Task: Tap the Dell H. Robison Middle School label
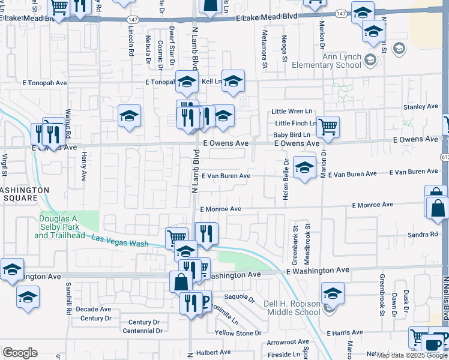click(x=292, y=308)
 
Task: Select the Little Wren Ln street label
click(x=292, y=112)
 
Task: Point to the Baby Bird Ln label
click(x=292, y=135)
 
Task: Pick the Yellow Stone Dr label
click(x=238, y=332)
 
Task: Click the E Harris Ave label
click(x=346, y=332)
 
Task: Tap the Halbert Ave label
click(x=214, y=352)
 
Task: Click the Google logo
click(x=20, y=353)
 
